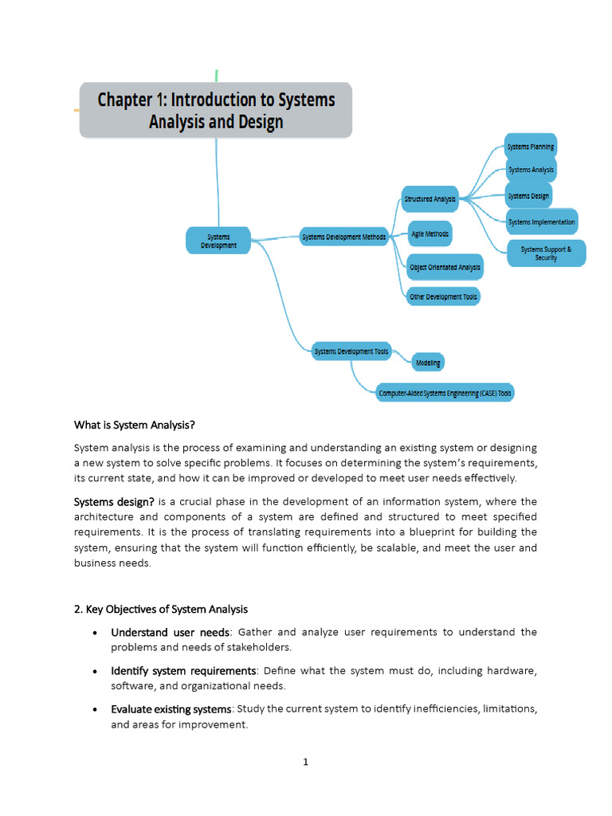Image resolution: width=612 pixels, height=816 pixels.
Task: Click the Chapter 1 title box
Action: [215, 111]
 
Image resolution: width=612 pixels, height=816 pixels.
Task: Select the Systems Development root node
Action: [218, 241]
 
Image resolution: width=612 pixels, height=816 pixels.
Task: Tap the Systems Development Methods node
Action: [343, 237]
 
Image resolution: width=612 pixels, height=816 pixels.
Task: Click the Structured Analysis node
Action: [430, 199]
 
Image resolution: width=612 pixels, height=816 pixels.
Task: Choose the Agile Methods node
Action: [430, 234]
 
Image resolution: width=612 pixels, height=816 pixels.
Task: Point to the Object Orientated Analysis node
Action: [445, 268]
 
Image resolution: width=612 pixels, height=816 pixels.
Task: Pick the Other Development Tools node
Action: [443, 296]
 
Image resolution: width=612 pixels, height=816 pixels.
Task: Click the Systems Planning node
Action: [531, 147]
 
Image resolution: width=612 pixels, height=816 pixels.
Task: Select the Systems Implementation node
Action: [541, 222]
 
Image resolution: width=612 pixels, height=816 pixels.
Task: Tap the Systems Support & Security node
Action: [546, 253]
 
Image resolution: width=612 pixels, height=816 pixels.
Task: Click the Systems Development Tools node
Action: [351, 351]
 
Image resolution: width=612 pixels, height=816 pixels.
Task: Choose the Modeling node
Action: [428, 363]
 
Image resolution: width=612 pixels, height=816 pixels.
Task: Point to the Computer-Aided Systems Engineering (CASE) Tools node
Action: [445, 393]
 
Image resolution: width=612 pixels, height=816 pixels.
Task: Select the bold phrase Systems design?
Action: [114, 501]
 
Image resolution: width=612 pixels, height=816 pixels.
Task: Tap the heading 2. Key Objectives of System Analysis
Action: [161, 609]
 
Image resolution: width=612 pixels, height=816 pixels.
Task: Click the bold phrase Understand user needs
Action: [169, 632]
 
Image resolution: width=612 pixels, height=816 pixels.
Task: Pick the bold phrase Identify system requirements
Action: [183, 670]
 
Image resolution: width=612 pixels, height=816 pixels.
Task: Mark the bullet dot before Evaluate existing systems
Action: [96, 709]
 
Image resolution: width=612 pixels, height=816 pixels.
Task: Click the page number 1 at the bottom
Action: [305, 762]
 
